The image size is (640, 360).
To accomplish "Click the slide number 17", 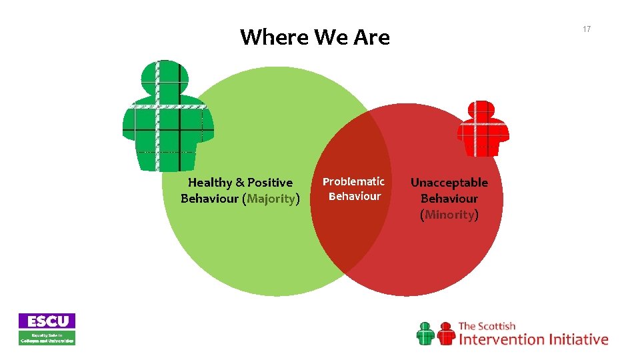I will (x=587, y=29).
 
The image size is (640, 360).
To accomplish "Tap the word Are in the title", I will (x=372, y=37).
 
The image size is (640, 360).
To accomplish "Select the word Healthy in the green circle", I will (x=210, y=183).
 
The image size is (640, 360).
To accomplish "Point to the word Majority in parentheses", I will (x=271, y=199).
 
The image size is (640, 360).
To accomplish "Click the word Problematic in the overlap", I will (x=353, y=181).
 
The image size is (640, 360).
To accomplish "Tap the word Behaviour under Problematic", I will (x=354, y=196).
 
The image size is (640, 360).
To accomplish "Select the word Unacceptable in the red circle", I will (x=449, y=183).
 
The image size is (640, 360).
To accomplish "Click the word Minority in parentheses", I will (x=449, y=215).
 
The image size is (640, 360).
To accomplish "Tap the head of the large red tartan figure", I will (x=481, y=111).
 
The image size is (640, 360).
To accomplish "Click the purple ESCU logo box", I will (x=47, y=321).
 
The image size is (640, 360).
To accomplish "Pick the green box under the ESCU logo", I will (x=47, y=338).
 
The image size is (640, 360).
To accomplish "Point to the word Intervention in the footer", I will (x=501, y=339).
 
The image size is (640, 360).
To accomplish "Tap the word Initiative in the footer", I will (x=578, y=339).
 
